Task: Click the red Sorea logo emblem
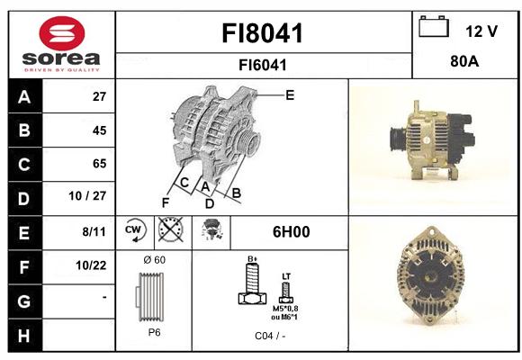click(62, 33)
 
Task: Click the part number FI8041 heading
click(263, 33)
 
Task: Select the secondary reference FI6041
click(263, 65)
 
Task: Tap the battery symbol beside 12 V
click(434, 26)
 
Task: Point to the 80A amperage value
click(464, 61)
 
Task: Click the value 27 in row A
click(99, 96)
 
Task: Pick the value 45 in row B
click(99, 130)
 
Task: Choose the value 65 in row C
click(99, 164)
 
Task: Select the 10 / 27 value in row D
click(87, 196)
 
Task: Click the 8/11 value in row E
click(94, 231)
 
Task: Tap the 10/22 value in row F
click(91, 265)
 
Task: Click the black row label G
click(24, 301)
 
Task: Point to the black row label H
click(24, 336)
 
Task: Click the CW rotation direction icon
click(135, 230)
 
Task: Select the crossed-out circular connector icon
click(170, 229)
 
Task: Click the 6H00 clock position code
click(292, 232)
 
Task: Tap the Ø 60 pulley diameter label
click(155, 260)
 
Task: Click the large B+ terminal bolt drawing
click(252, 283)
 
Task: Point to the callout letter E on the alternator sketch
click(290, 95)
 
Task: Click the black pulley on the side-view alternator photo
click(398, 139)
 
